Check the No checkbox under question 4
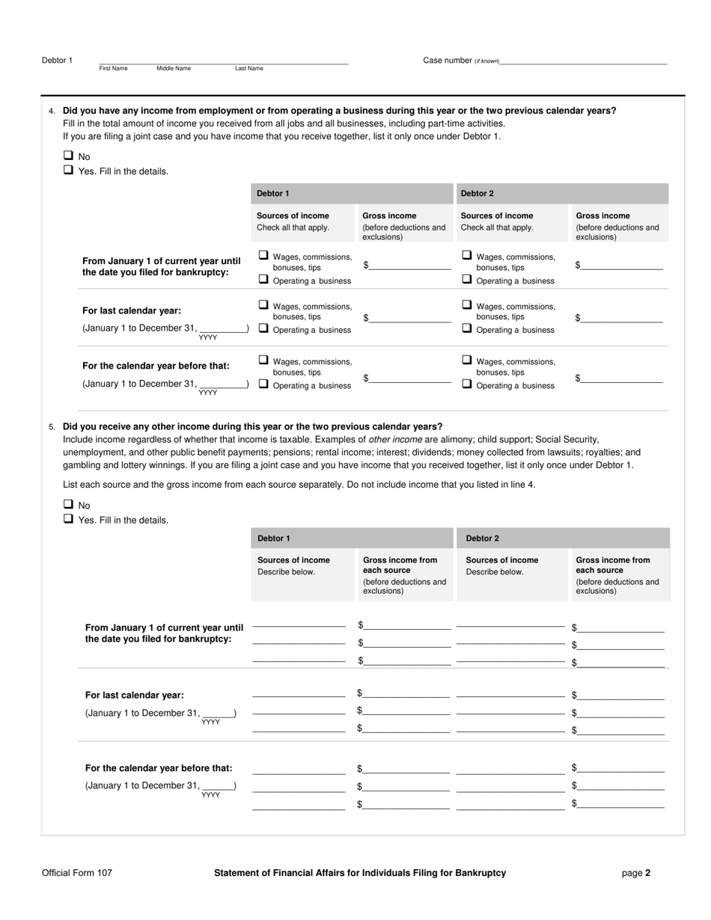[x=68, y=156]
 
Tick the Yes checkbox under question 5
[x=68, y=518]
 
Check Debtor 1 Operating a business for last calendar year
[x=263, y=328]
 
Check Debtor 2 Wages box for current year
[x=467, y=255]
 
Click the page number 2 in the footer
[x=647, y=872]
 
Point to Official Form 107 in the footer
[x=77, y=872]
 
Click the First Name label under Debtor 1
[x=113, y=68]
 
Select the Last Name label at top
[x=249, y=68]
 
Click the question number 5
[x=52, y=427]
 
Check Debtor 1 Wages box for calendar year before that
[x=263, y=360]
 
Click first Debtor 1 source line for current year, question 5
[x=299, y=625]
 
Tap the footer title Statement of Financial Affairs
[x=359, y=872]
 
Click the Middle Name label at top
[x=174, y=68]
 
